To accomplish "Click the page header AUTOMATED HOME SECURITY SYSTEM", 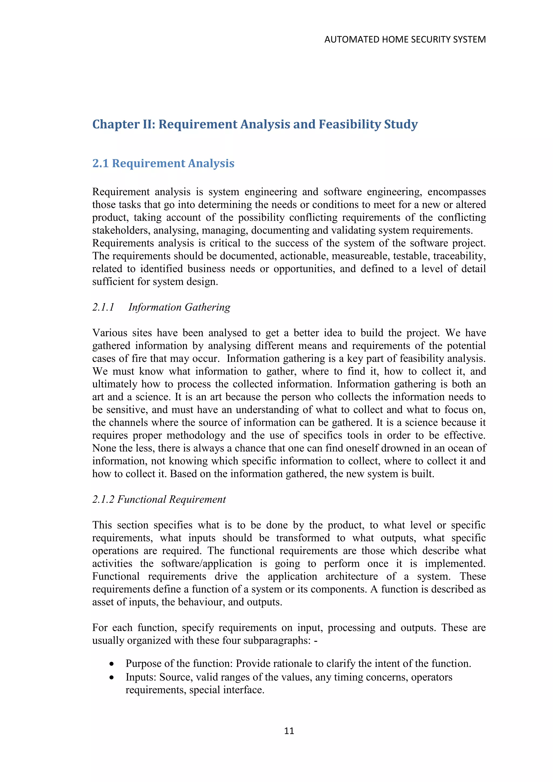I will (x=405, y=39).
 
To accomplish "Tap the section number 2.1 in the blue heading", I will (x=100, y=163).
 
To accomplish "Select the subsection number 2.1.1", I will (x=103, y=307).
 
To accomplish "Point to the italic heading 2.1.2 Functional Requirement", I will (x=159, y=499).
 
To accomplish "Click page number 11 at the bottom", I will (x=289, y=731).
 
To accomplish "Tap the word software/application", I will (x=207, y=563).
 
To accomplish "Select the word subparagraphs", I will (x=272, y=640).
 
